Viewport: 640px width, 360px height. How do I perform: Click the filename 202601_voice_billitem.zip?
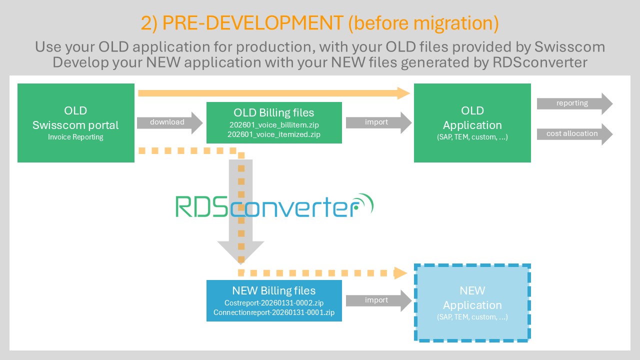point(274,124)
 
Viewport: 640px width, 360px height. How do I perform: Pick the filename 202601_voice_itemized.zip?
point(274,134)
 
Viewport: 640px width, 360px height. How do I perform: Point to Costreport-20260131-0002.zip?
point(274,303)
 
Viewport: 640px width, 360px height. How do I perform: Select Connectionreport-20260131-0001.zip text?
point(274,312)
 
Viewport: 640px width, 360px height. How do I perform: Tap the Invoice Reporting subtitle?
point(75,137)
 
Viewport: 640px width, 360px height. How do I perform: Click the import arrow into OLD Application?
point(378,122)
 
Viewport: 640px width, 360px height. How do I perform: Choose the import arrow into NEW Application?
point(378,300)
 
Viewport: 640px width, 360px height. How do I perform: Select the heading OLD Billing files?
point(274,112)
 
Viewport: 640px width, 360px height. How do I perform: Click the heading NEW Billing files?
point(274,290)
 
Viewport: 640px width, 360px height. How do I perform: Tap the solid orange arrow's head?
point(404,92)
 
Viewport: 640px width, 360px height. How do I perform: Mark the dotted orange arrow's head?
point(401,273)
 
